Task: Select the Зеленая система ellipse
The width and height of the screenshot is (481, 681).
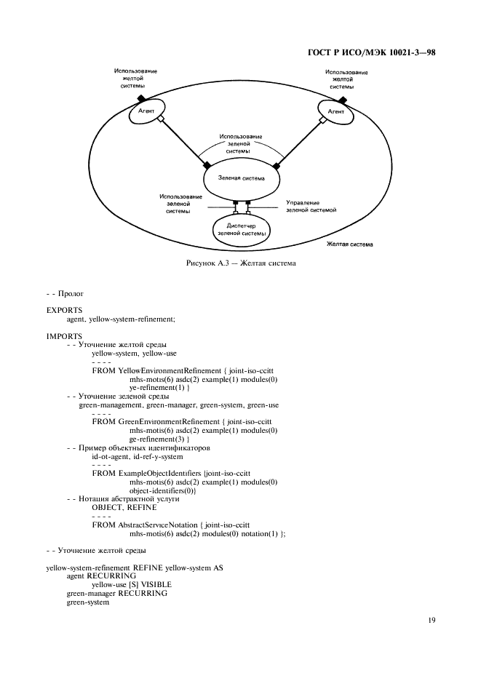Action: coord(241,178)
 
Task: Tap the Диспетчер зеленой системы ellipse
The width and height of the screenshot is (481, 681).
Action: coord(240,230)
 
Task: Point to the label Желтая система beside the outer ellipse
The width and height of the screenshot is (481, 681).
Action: coord(350,244)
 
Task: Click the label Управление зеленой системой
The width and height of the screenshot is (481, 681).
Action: coord(311,206)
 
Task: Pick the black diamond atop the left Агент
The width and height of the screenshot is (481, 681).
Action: coord(142,99)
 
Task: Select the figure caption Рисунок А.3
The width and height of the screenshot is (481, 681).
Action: coord(240,263)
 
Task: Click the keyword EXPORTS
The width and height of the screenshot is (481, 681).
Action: coord(64,310)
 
